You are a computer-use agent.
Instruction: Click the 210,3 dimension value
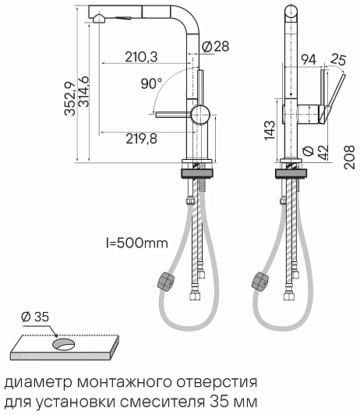point(141,57)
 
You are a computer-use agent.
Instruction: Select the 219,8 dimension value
point(141,138)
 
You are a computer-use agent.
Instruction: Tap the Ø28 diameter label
point(215,47)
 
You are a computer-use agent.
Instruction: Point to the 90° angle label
point(151,83)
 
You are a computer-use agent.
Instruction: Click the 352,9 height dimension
point(70,98)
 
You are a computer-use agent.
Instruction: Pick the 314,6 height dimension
point(83,91)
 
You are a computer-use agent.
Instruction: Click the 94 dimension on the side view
point(309,59)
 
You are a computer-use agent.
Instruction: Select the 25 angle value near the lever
point(338,59)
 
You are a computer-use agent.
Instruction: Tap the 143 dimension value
point(270,130)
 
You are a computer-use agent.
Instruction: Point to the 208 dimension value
point(349,157)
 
